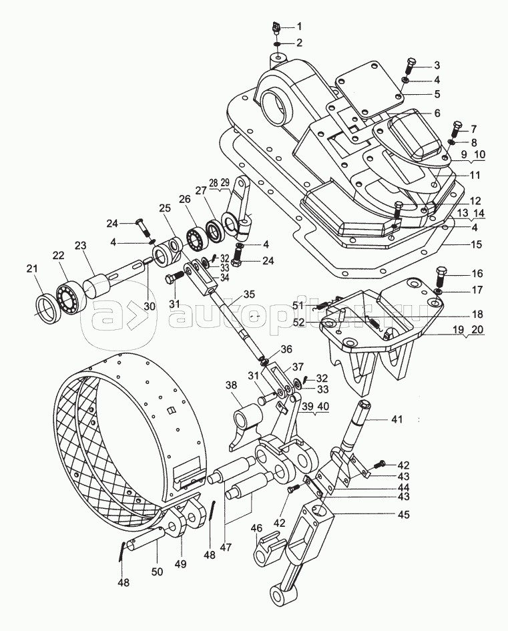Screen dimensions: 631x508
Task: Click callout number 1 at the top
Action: coord(299,27)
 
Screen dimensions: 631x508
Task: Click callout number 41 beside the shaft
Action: coord(397,420)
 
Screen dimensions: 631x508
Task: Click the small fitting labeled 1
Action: coord(276,28)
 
